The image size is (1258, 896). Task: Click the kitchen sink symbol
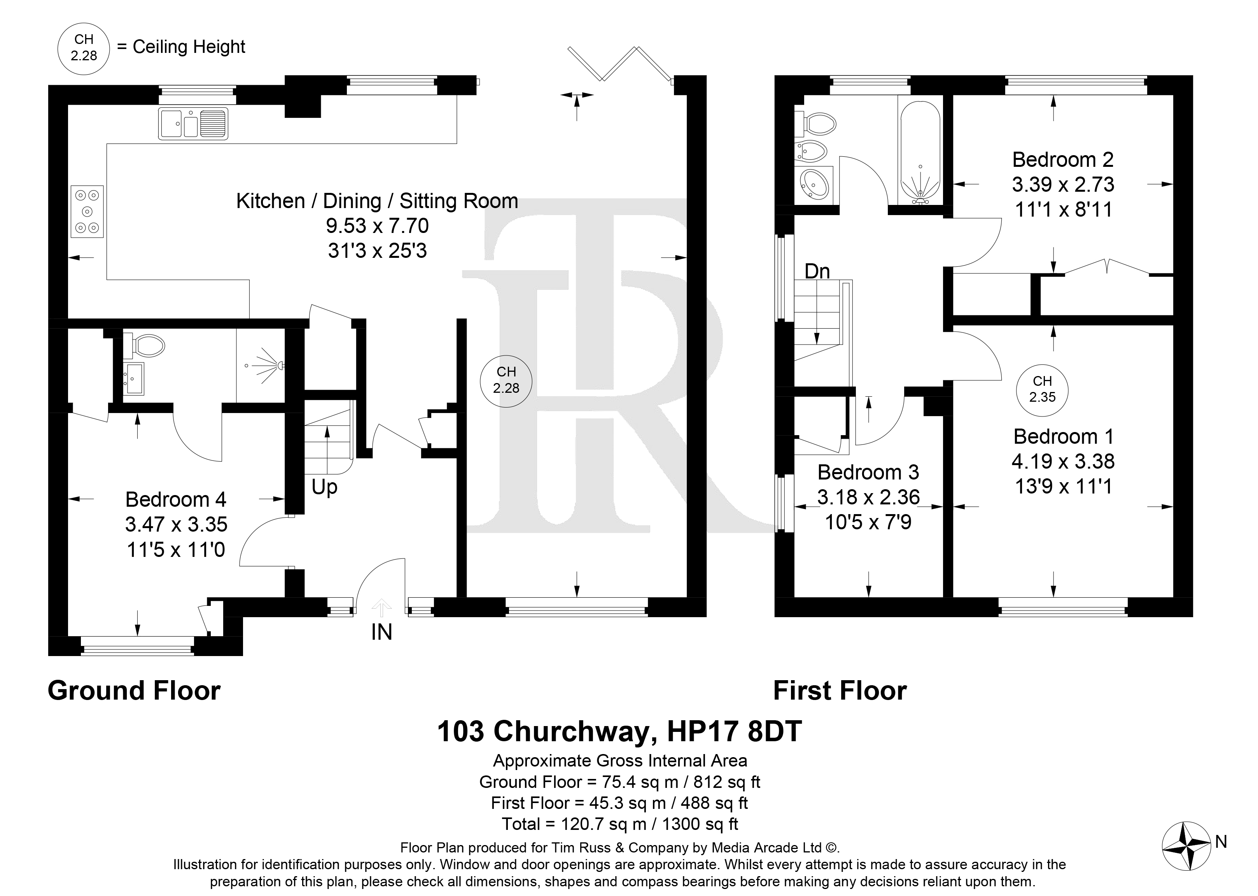tap(193, 123)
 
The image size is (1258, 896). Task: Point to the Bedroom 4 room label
tap(175, 499)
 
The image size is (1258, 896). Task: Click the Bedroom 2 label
tap(1063, 159)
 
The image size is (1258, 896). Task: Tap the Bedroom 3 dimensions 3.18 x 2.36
tap(868, 497)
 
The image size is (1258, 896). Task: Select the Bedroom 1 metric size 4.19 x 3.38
tap(1063, 461)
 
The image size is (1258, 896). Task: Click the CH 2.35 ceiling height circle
tap(1042, 390)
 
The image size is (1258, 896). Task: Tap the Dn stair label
tap(817, 271)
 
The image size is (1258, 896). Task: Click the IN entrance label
tap(381, 632)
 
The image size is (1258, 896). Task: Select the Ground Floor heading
tap(134, 691)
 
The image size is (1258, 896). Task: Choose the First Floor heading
tap(840, 691)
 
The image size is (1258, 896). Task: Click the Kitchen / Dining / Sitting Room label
tap(377, 201)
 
